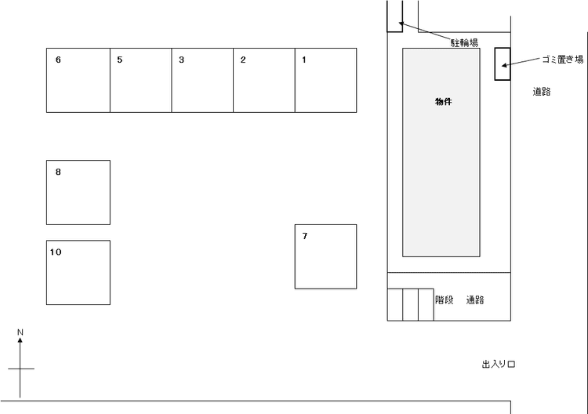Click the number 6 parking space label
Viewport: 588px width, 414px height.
coord(58,60)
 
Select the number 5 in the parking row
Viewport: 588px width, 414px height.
coord(120,60)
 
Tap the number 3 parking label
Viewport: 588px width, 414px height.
coord(182,60)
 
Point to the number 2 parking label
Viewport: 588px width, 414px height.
coord(243,60)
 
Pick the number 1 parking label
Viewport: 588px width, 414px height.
coord(304,60)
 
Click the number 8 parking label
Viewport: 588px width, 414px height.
coord(58,172)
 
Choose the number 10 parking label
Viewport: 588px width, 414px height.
coord(56,252)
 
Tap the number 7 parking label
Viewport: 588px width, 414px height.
coord(305,236)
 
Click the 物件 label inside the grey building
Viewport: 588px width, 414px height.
coord(443,102)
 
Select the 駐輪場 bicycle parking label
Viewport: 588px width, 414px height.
coord(464,43)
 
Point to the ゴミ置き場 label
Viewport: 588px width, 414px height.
coord(563,60)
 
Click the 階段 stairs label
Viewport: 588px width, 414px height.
coord(445,300)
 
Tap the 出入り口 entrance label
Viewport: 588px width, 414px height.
coord(499,364)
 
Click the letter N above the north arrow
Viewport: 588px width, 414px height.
coord(20,332)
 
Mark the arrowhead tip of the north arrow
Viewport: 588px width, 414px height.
coord(20,337)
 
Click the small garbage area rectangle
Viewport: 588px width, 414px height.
coord(503,64)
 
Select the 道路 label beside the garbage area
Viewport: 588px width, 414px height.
coord(542,92)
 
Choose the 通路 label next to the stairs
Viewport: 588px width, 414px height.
coord(475,300)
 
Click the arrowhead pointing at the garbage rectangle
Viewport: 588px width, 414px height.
coord(504,66)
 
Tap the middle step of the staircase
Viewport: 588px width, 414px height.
coord(411,304)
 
